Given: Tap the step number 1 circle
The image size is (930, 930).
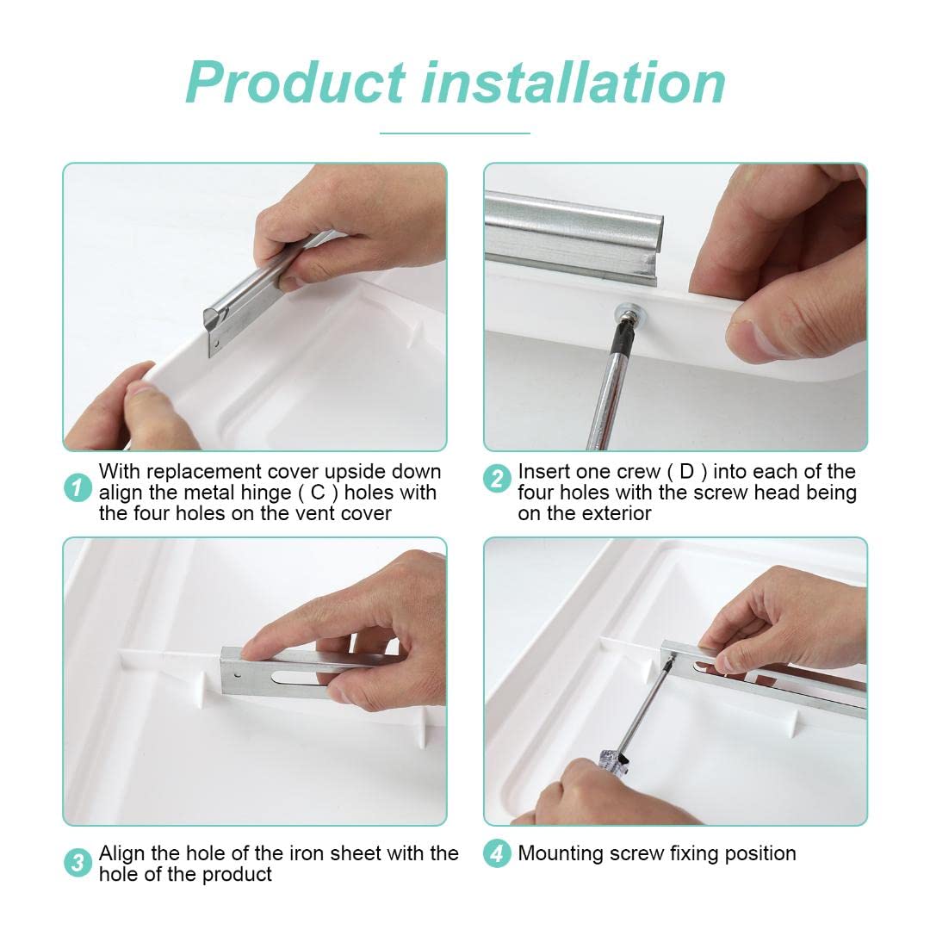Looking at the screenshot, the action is coord(77,487).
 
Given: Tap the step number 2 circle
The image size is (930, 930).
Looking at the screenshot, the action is coord(497,478).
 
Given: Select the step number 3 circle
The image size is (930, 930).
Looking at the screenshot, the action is coord(77,862).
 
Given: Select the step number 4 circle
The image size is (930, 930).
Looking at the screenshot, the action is coord(497,853).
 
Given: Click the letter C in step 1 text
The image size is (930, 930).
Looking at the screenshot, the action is coord(318,493).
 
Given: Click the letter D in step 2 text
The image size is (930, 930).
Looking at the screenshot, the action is coord(687,472).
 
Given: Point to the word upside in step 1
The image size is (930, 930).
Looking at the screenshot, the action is coord(354,473).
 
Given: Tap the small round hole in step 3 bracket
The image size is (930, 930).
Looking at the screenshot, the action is coord(238,675).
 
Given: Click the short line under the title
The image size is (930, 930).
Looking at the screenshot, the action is coord(455,133).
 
